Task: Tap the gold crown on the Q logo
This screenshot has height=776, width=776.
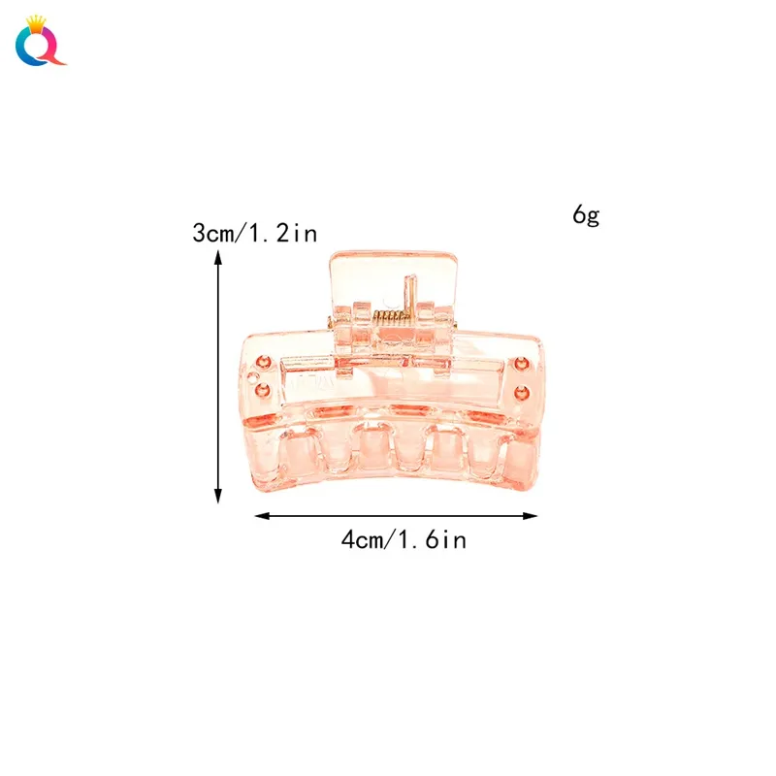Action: pyautogui.click(x=36, y=22)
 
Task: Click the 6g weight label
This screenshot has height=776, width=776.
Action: pyautogui.click(x=586, y=215)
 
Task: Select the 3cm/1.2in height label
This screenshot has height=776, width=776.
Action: pyautogui.click(x=255, y=233)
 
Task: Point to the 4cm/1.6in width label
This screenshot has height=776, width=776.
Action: pyautogui.click(x=404, y=539)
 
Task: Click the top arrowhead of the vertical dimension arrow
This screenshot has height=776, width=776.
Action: pyautogui.click(x=217, y=257)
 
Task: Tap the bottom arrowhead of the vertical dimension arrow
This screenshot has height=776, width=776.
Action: pyautogui.click(x=217, y=496)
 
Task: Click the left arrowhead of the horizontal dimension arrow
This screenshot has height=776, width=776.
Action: pyautogui.click(x=262, y=516)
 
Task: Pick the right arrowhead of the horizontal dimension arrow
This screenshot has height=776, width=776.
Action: pyautogui.click(x=530, y=516)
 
